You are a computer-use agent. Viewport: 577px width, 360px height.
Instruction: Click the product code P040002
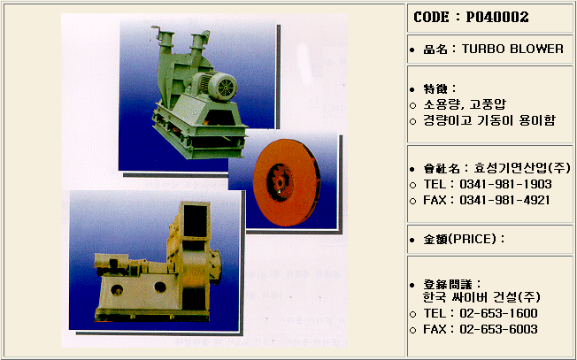(497, 17)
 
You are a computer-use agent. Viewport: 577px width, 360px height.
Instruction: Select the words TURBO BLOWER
(512, 49)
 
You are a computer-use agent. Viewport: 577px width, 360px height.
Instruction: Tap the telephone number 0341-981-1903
(505, 184)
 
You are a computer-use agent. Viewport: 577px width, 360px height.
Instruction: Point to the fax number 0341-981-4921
(504, 200)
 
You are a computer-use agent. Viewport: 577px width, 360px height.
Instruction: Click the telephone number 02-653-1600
(498, 313)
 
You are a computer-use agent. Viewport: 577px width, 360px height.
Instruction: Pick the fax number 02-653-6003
(498, 329)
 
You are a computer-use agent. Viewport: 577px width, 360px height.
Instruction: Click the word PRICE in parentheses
(475, 240)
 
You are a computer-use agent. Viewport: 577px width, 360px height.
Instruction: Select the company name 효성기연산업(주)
(522, 168)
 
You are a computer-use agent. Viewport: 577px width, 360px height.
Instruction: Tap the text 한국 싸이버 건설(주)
(481, 297)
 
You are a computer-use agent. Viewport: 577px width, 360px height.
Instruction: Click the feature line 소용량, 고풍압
(465, 104)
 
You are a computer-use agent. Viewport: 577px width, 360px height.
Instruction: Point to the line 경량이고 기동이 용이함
(489, 120)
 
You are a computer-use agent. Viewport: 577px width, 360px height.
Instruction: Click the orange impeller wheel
(287, 182)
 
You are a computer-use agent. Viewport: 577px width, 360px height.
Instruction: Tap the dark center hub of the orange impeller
(281, 182)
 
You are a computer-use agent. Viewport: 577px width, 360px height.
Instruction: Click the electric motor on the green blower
(214, 86)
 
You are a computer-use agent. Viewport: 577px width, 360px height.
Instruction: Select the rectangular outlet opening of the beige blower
(196, 220)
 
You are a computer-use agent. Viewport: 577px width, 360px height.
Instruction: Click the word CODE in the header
(431, 17)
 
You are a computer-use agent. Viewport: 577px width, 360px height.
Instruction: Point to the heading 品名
(435, 50)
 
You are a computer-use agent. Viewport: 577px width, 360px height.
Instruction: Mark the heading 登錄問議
(448, 284)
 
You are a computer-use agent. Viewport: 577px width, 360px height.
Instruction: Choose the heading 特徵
(435, 89)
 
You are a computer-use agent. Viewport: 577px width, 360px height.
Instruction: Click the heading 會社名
(442, 169)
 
